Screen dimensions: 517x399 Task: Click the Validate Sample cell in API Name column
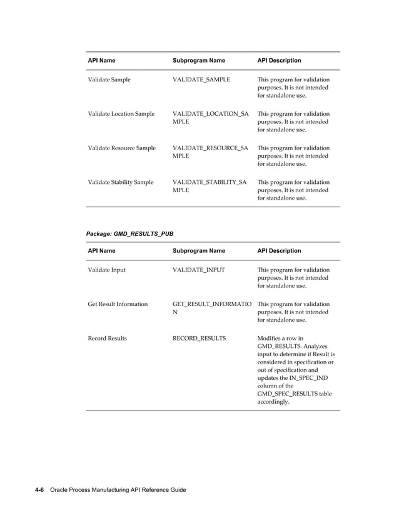point(109,79)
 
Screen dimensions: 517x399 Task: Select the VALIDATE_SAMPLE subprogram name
point(201,79)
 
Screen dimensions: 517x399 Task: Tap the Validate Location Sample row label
point(121,114)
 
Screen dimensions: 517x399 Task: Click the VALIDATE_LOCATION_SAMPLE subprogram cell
point(210,118)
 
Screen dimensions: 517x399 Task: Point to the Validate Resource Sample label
point(121,148)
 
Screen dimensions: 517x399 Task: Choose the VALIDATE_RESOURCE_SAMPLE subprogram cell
point(210,151)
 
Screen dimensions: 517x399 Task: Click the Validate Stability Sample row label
point(120,182)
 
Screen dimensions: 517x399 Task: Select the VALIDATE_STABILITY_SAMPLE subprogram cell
point(210,186)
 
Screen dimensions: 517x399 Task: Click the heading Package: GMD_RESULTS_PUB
point(129,233)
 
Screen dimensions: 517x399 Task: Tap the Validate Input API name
point(106,270)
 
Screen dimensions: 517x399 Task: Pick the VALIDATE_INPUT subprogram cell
point(198,270)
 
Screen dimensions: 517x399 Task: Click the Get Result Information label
point(118,304)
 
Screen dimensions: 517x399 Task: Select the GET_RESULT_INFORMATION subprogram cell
point(211,308)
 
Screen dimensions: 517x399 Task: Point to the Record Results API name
point(107,338)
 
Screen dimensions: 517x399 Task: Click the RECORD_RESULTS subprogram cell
point(199,338)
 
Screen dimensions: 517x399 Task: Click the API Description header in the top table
point(279,61)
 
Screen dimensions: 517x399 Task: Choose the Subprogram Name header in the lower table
point(198,251)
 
